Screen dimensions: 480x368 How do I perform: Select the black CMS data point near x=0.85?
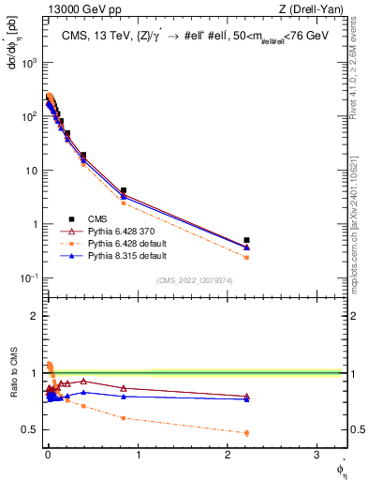tap(124, 190)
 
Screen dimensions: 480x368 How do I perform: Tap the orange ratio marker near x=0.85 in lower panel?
tap(124, 418)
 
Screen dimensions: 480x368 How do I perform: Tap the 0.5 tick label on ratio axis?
tap(30, 429)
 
